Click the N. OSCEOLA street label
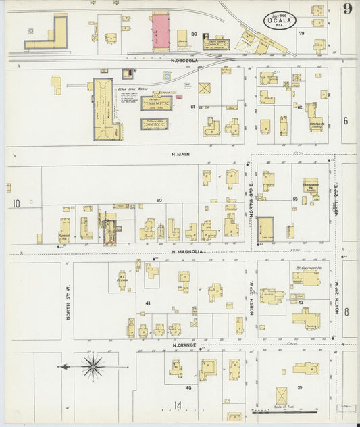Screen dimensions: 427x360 point(183,61)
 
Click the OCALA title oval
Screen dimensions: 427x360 point(283,20)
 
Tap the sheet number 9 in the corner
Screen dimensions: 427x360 point(346,9)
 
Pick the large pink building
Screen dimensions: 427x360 point(161,32)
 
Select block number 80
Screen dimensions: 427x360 point(195,34)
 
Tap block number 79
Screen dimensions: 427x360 point(301,32)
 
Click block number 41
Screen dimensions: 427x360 point(147,304)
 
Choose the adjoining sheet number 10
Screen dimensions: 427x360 point(16,203)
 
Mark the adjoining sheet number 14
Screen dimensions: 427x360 point(178,405)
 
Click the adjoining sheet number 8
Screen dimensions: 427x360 point(346,311)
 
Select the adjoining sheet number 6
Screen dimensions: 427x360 point(345,121)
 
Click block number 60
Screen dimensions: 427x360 point(160,200)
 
